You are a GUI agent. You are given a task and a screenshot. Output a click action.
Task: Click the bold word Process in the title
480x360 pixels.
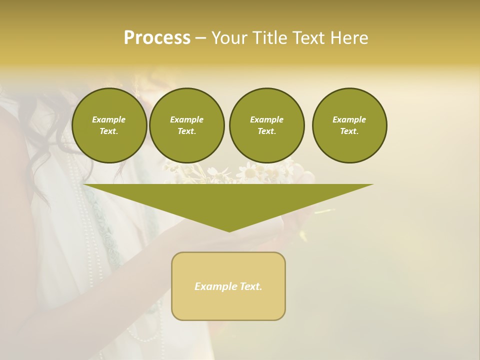[x=157, y=38]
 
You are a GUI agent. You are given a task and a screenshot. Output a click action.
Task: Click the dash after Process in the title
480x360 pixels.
[x=200, y=38]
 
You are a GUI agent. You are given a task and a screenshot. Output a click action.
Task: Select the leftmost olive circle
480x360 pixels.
[x=109, y=125]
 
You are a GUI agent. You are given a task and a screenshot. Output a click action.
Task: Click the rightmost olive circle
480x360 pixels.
[x=349, y=125]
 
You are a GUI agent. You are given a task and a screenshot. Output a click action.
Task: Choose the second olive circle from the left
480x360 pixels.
[x=187, y=125]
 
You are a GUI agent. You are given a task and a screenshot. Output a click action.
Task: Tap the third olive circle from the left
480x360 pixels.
[x=267, y=125]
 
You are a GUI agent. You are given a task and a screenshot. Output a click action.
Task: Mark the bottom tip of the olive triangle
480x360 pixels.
[x=229, y=231]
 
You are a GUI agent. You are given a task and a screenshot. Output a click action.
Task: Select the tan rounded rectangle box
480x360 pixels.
[x=228, y=286]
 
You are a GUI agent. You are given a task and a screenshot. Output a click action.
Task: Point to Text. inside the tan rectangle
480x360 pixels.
[x=250, y=286]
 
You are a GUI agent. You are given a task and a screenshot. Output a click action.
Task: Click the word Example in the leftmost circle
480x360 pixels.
[x=108, y=119]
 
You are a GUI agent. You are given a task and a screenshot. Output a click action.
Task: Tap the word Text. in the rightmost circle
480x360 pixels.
[x=349, y=131]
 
